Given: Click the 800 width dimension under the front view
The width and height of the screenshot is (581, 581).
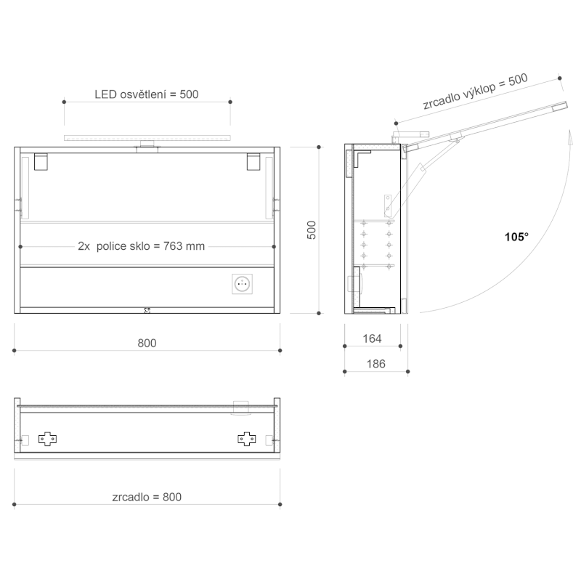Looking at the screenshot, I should pos(147,343).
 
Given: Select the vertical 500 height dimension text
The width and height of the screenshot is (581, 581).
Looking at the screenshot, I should pos(312,230).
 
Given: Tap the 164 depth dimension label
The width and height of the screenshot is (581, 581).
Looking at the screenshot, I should pos(371,338).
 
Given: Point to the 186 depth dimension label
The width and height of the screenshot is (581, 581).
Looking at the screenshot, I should pos(375,364).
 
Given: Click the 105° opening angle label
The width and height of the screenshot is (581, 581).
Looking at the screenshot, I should pos(516,237).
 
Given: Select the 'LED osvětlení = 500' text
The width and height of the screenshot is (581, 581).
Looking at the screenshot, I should pos(147,94).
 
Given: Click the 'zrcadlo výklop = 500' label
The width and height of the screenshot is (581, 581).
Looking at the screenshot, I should pos(475,92).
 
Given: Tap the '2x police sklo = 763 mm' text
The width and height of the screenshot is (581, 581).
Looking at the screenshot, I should pos(142,246).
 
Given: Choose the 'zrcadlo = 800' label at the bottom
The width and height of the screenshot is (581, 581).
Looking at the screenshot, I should pos(147,497).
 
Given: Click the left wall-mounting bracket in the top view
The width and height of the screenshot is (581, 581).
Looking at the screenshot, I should pos(49,439).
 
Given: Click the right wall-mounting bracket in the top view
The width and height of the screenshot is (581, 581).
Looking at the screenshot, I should pos(247,439).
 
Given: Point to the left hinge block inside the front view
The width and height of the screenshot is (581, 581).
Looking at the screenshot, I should pos(41,161).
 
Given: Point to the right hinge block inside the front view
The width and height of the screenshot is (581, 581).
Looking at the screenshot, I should pos(253,161).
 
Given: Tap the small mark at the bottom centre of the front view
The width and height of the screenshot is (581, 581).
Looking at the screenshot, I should pos(147,309).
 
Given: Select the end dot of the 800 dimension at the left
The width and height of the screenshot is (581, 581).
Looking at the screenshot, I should pos(15,351).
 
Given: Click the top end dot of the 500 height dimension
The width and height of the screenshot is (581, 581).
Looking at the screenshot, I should pos(319,147).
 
